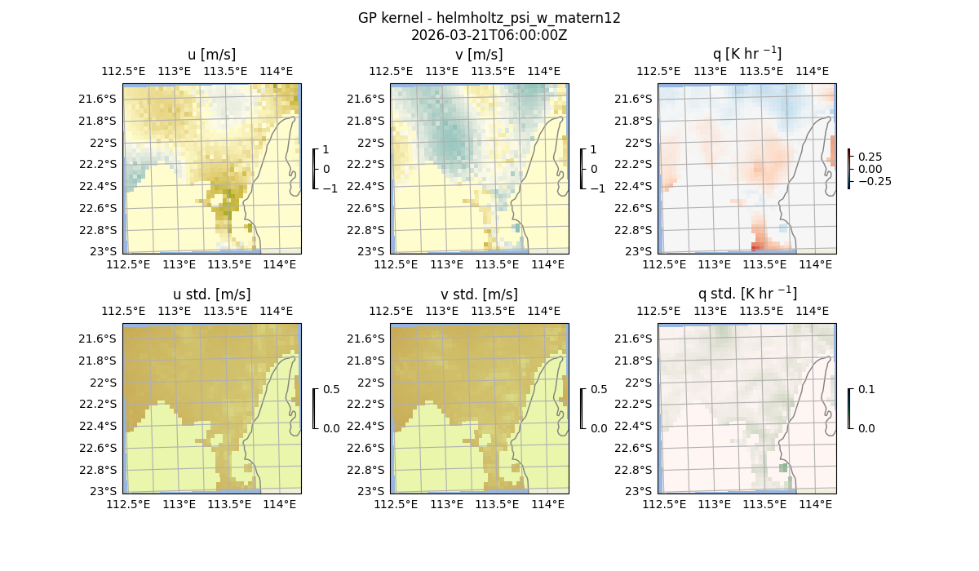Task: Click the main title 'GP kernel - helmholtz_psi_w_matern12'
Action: [489, 18]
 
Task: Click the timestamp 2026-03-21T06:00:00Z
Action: [489, 35]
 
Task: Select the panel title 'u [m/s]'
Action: [211, 55]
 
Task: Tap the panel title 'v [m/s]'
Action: [479, 55]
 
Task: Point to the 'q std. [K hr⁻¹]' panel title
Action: [746, 294]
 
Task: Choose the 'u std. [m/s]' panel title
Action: [211, 294]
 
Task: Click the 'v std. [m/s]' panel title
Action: [479, 294]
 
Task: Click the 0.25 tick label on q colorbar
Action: [870, 157]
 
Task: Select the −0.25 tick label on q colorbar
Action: [873, 181]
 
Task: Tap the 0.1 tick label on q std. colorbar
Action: [866, 390]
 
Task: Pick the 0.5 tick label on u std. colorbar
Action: [331, 390]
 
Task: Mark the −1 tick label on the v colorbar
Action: [599, 188]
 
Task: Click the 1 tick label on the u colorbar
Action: [327, 150]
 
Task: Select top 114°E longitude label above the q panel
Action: [812, 71]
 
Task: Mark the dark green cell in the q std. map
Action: [783, 468]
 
